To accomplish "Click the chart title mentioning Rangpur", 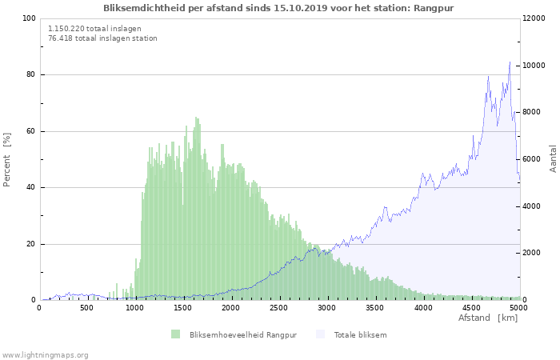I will pyautogui.click(x=284, y=7).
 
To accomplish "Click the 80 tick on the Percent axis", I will pyautogui.click(x=32, y=75).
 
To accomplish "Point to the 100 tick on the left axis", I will pyautogui.click(x=30, y=18).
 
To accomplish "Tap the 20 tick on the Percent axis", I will pyautogui.click(x=32, y=244).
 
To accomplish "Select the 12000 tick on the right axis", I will pyautogui.click(x=535, y=18).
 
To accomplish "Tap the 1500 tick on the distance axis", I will pyautogui.click(x=183, y=307).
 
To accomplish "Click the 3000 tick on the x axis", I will pyautogui.click(x=327, y=307).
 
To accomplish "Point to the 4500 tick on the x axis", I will pyautogui.click(x=471, y=307).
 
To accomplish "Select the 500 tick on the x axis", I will pyautogui.click(x=87, y=307).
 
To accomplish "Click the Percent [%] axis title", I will pyautogui.click(x=7, y=159).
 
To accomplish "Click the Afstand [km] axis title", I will pyautogui.click(x=488, y=318).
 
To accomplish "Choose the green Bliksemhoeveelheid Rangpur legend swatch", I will pyautogui.click(x=175, y=334).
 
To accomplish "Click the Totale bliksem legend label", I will pyautogui.click(x=360, y=334).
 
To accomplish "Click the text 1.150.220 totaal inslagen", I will pyautogui.click(x=94, y=28).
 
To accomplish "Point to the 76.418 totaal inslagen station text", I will pyautogui.click(x=102, y=38).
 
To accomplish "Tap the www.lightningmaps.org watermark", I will pyautogui.click(x=45, y=354).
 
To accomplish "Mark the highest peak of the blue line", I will pyautogui.click(x=510, y=62).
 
